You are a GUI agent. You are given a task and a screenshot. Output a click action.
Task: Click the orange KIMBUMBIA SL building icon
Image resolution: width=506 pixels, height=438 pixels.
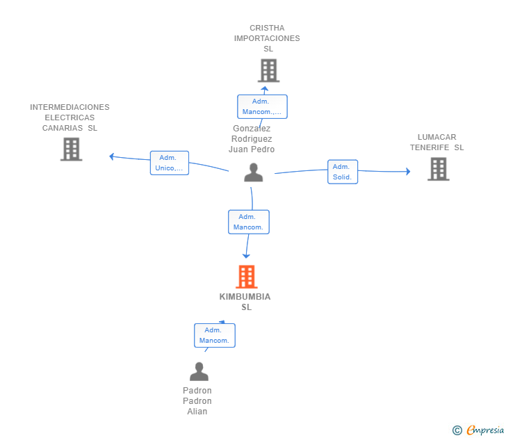tap(246, 277)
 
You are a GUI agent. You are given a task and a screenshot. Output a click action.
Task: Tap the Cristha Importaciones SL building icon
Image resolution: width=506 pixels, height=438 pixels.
tap(268, 70)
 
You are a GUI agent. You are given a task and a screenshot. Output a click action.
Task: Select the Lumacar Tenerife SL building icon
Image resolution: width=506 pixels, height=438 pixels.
tap(438, 169)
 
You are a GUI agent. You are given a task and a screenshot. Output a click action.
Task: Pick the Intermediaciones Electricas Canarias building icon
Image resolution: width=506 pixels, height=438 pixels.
tap(71, 149)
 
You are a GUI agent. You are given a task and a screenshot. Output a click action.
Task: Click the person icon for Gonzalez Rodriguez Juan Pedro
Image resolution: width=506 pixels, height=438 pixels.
tap(253, 172)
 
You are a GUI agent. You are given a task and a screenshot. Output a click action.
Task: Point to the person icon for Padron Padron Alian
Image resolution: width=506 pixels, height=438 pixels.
tap(199, 372)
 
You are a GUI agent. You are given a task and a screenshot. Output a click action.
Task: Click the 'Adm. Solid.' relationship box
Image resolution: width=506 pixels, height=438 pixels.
tap(343, 172)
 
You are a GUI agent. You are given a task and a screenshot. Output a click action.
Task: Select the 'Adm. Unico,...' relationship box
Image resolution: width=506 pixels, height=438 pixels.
tap(170, 163)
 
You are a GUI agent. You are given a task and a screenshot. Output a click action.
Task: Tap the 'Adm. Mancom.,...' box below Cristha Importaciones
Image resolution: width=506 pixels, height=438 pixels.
tap(262, 106)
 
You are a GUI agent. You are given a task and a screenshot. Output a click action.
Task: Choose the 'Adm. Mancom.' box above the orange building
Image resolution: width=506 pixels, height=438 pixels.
tap(249, 222)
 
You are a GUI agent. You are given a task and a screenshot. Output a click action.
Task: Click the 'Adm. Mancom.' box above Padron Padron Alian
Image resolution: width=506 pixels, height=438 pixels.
tap(214, 335)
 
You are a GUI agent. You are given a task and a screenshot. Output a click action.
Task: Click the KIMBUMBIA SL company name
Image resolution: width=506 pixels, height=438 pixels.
tap(245, 302)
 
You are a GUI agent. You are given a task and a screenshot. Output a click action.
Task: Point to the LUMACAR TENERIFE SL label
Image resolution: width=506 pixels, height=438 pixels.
tap(436, 143)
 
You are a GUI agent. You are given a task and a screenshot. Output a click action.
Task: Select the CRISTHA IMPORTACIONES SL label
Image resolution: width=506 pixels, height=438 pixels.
tap(267, 38)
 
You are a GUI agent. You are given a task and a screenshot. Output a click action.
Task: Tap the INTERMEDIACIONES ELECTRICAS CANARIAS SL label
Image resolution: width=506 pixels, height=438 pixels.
tap(70, 117)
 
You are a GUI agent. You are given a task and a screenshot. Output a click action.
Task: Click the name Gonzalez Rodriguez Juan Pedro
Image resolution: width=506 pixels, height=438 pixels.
tap(253, 139)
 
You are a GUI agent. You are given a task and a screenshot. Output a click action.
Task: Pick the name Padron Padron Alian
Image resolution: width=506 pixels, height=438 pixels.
tap(197, 401)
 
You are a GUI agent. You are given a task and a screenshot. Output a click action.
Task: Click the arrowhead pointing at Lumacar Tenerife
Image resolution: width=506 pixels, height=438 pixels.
tap(408, 171)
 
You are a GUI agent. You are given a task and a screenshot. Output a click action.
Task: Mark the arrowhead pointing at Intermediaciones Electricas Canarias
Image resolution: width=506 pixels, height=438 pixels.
tap(111, 156)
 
